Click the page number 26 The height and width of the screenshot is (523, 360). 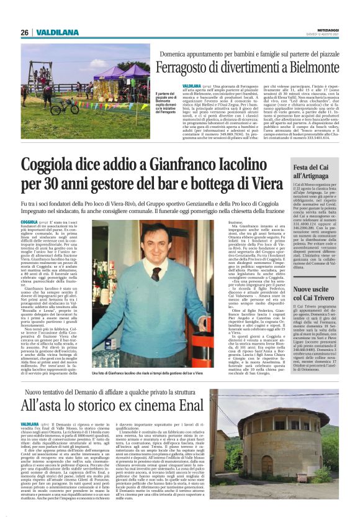coord(24,32)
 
